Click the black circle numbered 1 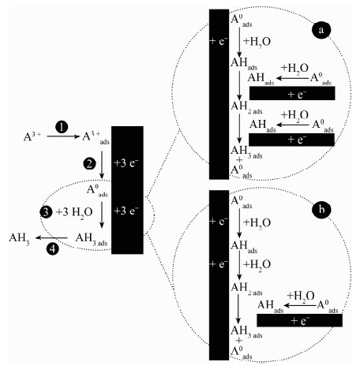[62, 127]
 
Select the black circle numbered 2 [89, 163]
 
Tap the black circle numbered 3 [46, 212]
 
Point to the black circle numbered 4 [53, 248]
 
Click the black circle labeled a [321, 30]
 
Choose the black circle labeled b [321, 210]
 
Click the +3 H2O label [74, 212]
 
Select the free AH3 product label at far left [19, 238]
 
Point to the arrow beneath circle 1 [63, 136]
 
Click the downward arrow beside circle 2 [102, 165]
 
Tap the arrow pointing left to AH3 [51, 237]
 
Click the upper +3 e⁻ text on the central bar [126, 163]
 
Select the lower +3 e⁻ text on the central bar [126, 211]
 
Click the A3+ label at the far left [32, 137]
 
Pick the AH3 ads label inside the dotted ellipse [92, 239]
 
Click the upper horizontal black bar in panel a [292, 93]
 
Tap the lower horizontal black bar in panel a [291, 140]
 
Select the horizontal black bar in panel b [299, 320]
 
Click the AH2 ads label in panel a [246, 107]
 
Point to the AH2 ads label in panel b [246, 289]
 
